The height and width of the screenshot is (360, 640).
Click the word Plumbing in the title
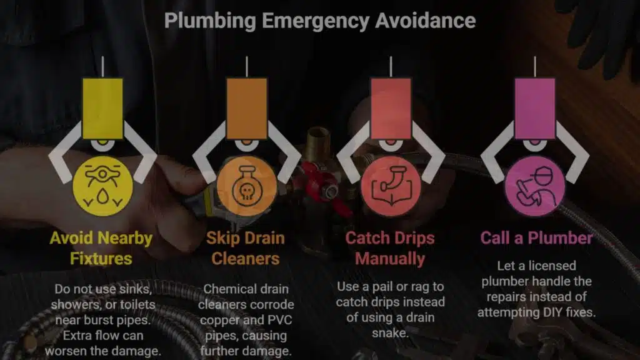[x=210, y=21]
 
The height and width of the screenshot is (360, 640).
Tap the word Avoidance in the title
[x=425, y=21]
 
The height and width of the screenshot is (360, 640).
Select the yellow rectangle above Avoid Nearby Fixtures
[x=102, y=109]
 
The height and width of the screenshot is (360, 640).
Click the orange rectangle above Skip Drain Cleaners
[x=246, y=109]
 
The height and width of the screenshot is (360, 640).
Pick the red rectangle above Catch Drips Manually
[x=391, y=109]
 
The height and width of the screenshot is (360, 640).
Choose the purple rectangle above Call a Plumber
[x=535, y=109]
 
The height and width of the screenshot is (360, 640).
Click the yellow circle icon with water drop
[x=102, y=186]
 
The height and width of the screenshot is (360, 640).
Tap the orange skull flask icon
[x=246, y=186]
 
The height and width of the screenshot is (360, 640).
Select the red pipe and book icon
[x=391, y=186]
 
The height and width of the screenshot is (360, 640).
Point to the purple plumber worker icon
[x=535, y=186]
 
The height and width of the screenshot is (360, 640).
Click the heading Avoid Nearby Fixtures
[x=101, y=248]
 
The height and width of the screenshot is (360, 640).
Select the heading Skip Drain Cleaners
[x=245, y=248]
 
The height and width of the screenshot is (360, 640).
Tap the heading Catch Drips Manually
[x=390, y=248]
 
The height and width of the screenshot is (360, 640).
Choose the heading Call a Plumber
[x=536, y=238]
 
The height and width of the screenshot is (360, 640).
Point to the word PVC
[x=279, y=320]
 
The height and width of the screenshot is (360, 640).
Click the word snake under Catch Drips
[x=390, y=333]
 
